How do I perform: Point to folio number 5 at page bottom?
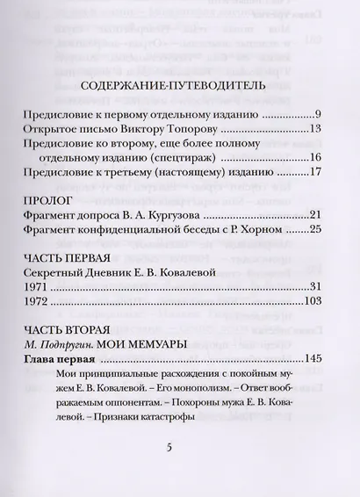(180, 447)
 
